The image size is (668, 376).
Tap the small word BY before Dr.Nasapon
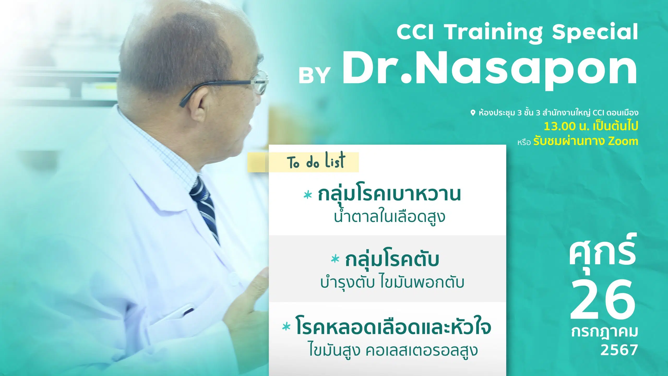pos(314,75)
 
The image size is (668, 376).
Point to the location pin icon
pos(473,113)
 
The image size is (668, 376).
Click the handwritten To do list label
pos(316,161)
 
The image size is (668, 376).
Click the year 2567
pos(619,350)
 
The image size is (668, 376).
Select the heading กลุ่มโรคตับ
pos(392,260)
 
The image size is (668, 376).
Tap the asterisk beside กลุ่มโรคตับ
pos(335,259)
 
